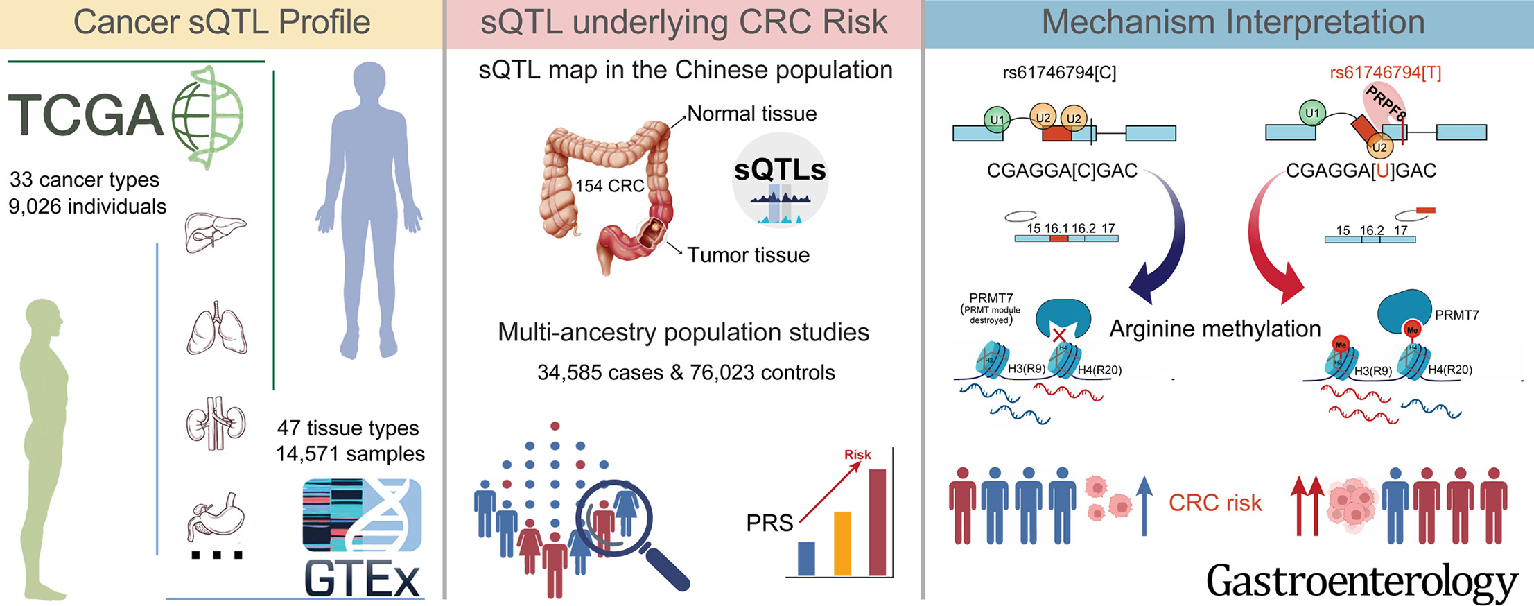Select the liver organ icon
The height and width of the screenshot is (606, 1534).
(x=215, y=232)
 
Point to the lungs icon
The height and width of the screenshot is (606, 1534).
(x=217, y=329)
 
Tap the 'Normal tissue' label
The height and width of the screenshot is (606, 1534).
(x=752, y=114)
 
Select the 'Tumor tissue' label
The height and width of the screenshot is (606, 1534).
(x=748, y=255)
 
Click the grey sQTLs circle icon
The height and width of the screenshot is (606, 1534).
(x=780, y=180)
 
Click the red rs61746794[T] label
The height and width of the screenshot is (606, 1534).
(x=1385, y=73)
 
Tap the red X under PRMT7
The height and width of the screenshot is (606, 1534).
(x=1059, y=336)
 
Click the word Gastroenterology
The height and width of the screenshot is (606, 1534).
(x=1361, y=581)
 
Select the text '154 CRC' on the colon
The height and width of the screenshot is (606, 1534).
(x=609, y=186)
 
